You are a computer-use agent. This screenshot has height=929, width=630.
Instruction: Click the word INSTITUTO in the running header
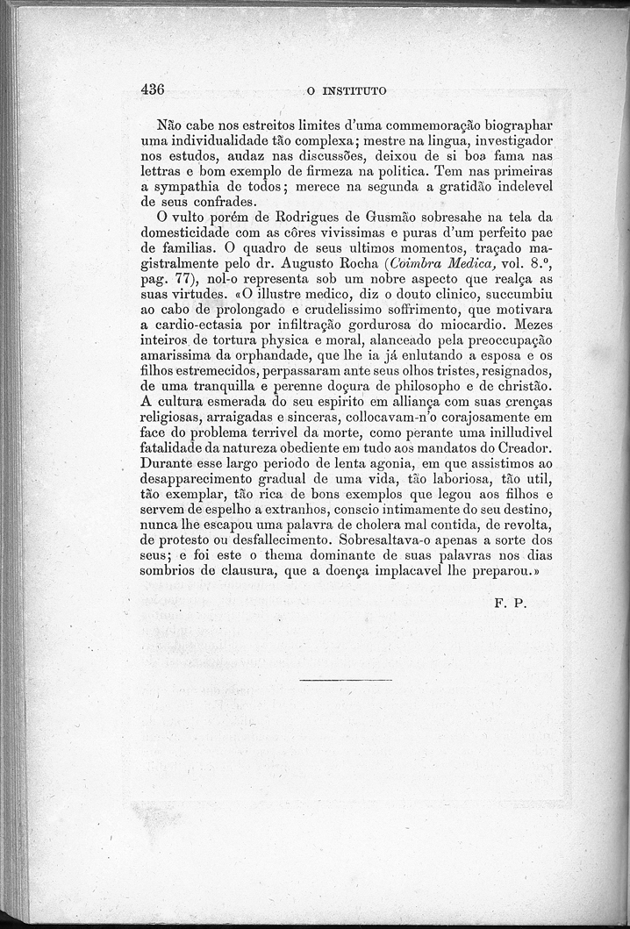tap(354, 89)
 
